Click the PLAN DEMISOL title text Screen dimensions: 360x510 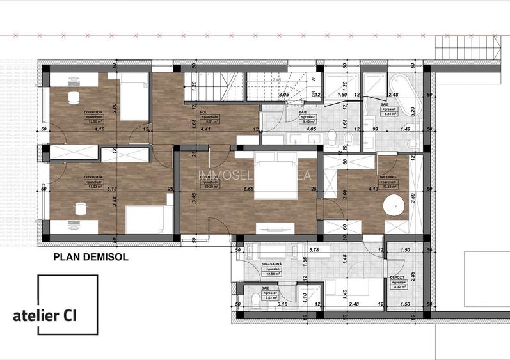[91, 258]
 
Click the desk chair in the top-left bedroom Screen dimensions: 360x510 [73, 98]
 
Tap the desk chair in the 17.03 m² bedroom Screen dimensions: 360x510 [80, 209]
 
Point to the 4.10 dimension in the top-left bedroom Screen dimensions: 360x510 [99, 129]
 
